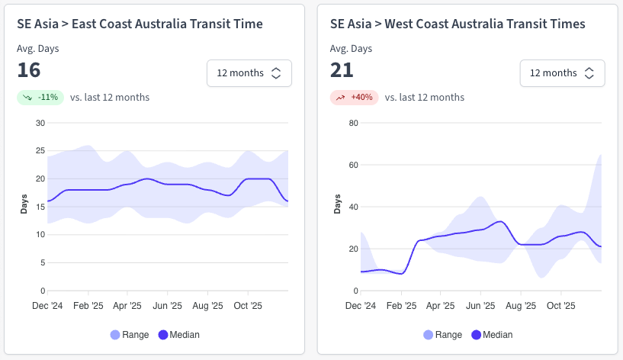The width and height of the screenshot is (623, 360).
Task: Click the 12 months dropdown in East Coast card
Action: [x=249, y=73]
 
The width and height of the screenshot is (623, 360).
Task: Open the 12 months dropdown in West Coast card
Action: [x=562, y=73]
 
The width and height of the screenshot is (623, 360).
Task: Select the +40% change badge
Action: [x=354, y=98]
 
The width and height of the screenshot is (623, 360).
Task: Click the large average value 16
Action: [x=29, y=71]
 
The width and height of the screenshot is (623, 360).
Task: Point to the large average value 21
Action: [x=342, y=71]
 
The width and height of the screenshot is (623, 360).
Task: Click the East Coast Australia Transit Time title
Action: [x=140, y=24]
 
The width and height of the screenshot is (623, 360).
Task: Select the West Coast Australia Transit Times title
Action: [x=458, y=24]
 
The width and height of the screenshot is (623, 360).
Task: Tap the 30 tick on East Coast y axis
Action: [x=40, y=123]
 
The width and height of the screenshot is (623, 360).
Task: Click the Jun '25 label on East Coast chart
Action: [x=168, y=306]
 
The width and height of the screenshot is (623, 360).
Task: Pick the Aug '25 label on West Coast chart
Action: [x=521, y=306]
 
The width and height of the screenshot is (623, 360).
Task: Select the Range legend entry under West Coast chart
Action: [x=442, y=335]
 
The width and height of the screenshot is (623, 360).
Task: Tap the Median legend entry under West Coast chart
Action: [x=492, y=335]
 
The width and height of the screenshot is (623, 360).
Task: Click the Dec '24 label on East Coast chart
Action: [x=47, y=306]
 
